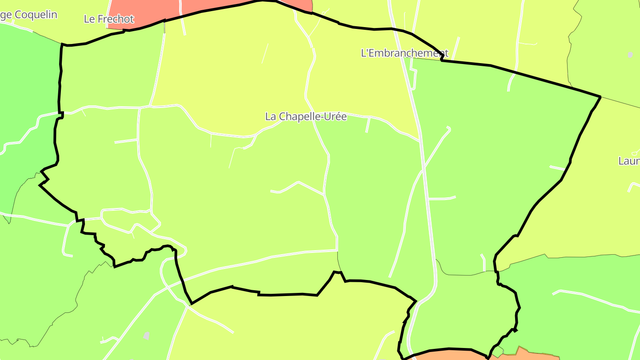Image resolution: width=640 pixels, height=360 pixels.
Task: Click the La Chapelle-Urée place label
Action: [306, 116]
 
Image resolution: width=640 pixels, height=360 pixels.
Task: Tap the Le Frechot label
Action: [108, 19]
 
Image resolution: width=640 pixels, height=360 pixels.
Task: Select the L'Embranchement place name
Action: [404, 53]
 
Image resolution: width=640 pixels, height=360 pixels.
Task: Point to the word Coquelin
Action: [36, 15]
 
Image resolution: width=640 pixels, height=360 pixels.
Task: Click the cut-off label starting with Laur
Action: [629, 161]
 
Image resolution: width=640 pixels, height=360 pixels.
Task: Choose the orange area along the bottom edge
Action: [449, 355]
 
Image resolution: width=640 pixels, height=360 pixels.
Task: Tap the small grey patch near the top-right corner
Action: [630, 55]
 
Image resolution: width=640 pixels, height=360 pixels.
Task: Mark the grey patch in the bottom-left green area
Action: [147, 336]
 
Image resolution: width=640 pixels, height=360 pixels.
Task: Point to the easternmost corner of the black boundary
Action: [600, 96]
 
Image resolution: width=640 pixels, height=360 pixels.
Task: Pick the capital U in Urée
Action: [326, 116]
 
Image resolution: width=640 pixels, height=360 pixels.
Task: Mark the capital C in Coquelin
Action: [18, 15]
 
